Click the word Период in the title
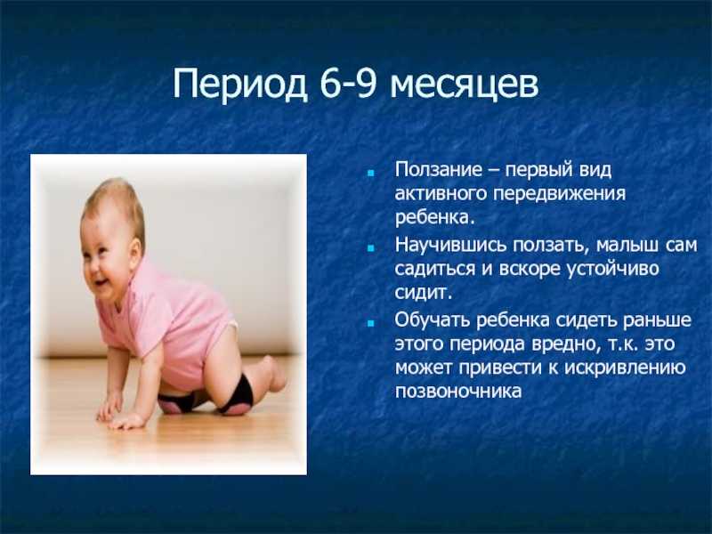240,85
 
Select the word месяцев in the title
464,86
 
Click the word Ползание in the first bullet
438,170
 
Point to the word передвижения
560,194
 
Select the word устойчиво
612,270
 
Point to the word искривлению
625,368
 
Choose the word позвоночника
458,392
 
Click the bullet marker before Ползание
371,173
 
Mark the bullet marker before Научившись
371,248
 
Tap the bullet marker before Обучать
371,323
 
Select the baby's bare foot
274,375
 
